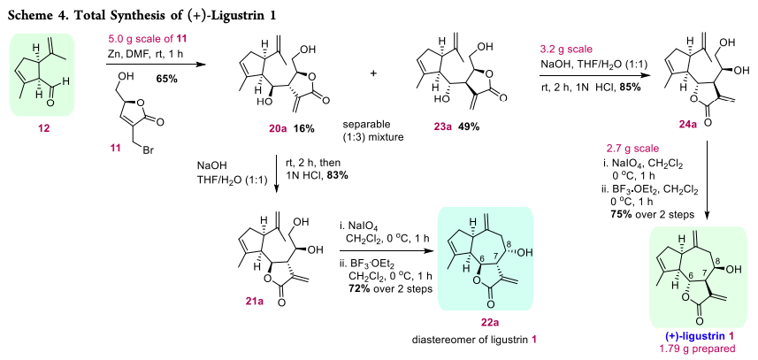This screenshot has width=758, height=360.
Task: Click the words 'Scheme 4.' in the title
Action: point(42,11)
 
